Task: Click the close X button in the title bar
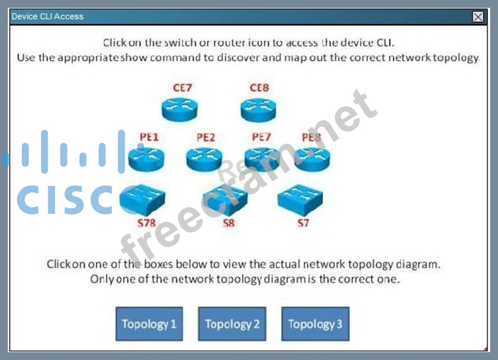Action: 478,16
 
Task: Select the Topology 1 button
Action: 149,324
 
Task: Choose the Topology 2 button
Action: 232,324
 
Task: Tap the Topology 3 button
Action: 315,324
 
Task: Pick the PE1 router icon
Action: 147,158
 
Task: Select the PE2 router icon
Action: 204,158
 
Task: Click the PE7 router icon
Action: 262,158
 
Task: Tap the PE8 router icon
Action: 312,158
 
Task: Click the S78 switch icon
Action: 142,200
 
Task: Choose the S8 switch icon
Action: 225,201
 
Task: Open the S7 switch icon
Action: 300,200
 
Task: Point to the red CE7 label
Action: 183,89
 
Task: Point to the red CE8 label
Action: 259,89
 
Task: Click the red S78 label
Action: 146,223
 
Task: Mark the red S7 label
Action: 303,223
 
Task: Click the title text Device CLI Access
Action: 47,16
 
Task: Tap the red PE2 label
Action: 205,137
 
